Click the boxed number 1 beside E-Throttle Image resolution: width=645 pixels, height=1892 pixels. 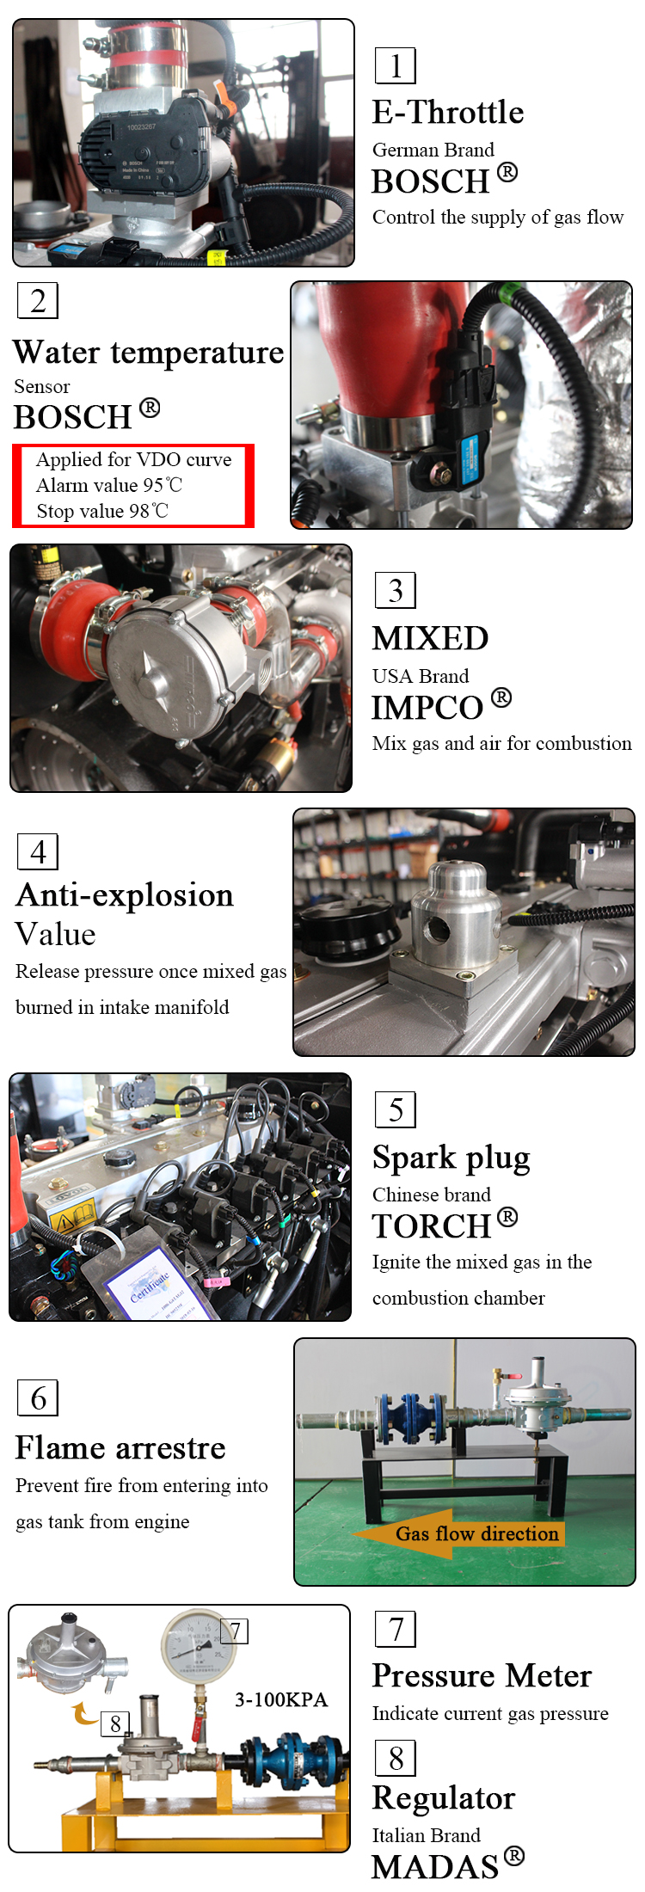(x=396, y=66)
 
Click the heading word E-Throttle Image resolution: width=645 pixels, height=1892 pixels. (x=448, y=113)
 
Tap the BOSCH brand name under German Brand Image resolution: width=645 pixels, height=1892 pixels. (x=431, y=181)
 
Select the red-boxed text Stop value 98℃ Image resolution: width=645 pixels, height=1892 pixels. (x=102, y=511)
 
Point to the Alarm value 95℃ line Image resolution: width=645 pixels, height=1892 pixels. (x=109, y=485)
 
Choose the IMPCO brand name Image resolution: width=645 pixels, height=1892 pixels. (x=427, y=708)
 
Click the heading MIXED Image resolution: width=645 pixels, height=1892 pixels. (x=430, y=638)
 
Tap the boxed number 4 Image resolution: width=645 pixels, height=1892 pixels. (x=38, y=851)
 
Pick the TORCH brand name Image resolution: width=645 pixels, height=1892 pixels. (x=432, y=1225)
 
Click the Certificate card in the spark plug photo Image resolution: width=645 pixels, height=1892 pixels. (x=152, y=1283)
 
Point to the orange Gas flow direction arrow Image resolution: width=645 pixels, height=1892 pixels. (x=458, y=1533)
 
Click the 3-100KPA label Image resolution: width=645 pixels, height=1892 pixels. (x=281, y=1699)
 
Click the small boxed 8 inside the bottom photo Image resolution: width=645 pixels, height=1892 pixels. (x=115, y=1723)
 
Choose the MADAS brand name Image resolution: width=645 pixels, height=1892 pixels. (x=435, y=1867)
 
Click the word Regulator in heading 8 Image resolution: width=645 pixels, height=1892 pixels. (x=444, y=1797)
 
